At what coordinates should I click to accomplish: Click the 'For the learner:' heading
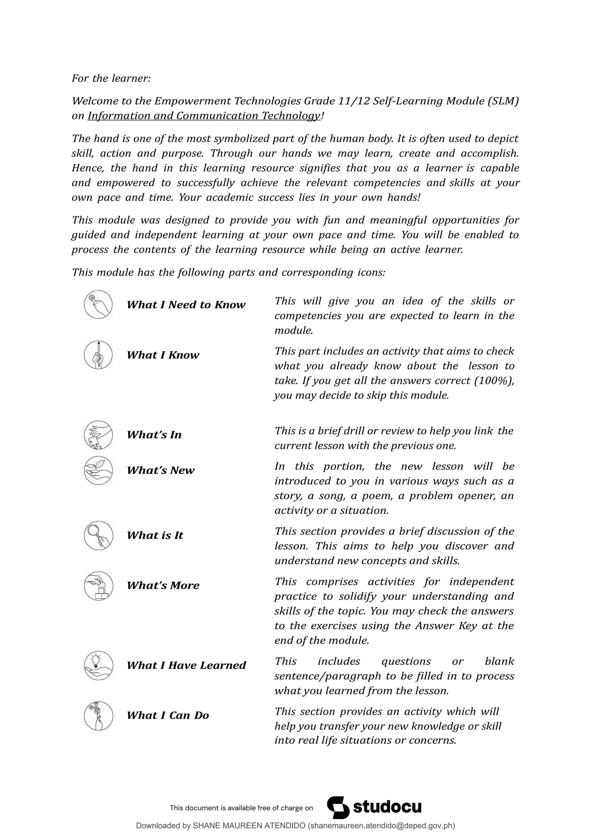coord(111,78)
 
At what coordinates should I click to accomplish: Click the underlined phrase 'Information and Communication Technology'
coord(204,116)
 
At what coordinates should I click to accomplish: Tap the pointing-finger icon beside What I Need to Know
coord(98,304)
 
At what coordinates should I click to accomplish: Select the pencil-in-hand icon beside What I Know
coord(98,355)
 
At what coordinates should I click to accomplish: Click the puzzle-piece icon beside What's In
coord(98,435)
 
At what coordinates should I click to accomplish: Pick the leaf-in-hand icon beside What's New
coord(98,470)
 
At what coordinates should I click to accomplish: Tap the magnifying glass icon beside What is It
coord(98,535)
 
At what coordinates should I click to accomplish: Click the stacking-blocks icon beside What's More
coord(98,586)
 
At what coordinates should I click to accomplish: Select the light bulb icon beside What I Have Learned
coord(98,666)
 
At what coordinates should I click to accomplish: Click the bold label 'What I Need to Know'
coord(186,305)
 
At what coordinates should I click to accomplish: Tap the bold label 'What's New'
coord(160,470)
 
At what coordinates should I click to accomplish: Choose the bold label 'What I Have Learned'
coord(186,665)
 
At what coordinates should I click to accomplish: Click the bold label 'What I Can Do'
coord(168,715)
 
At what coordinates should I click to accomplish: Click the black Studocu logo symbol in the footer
coord(338,808)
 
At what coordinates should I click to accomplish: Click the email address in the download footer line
coord(381,826)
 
